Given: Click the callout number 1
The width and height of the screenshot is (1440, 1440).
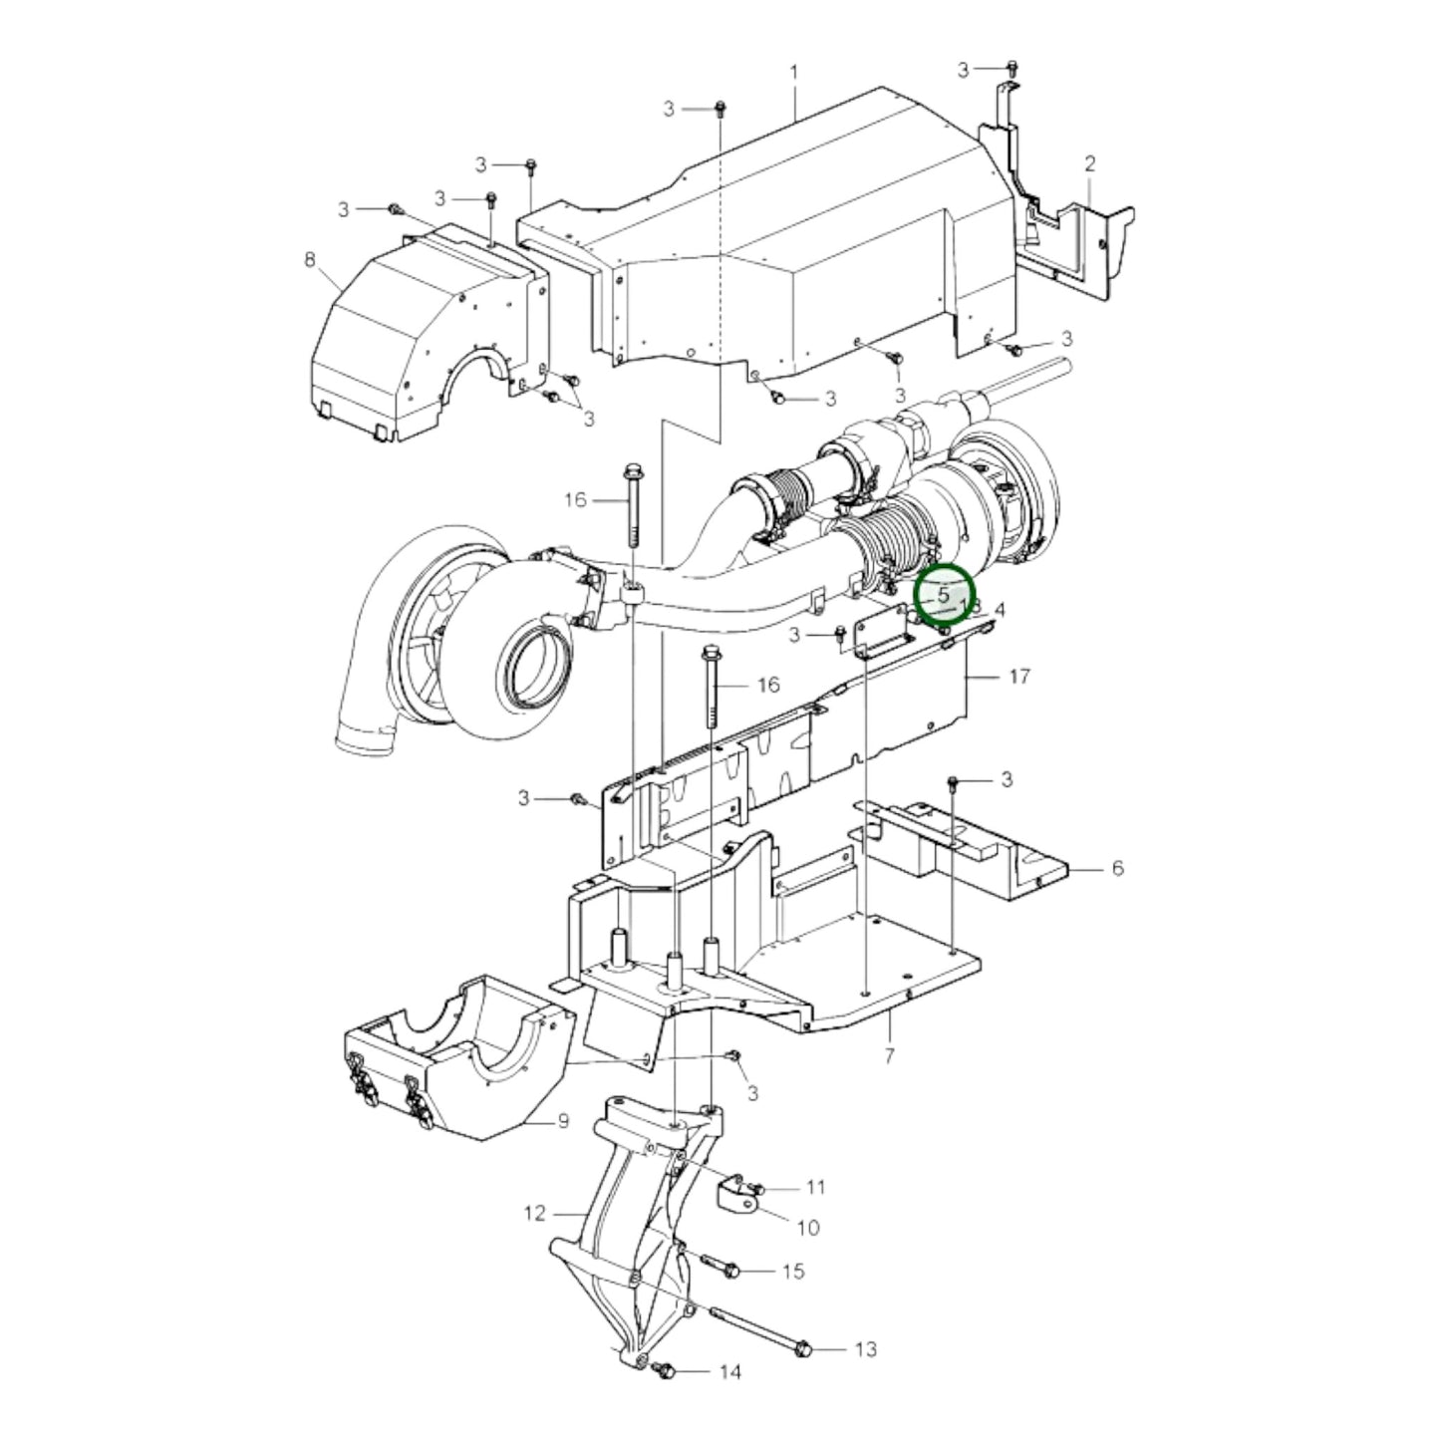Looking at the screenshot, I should click(794, 72).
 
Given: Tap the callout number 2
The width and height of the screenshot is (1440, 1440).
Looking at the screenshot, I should click(1090, 162).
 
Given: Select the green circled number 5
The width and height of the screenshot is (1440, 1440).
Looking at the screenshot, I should click(943, 596).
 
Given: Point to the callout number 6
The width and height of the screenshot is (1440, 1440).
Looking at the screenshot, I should click(1117, 868).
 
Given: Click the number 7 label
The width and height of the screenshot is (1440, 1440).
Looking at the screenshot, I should click(889, 1054).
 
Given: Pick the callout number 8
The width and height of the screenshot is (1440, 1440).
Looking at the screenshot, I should click(309, 260).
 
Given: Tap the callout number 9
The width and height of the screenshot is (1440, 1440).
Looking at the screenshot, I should click(562, 1121).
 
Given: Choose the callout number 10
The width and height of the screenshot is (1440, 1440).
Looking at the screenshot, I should click(809, 1227).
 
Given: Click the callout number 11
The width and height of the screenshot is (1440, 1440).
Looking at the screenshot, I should click(816, 1187).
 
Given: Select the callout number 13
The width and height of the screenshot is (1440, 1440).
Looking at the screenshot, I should click(865, 1348).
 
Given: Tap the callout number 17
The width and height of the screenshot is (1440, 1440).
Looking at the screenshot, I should click(1017, 677).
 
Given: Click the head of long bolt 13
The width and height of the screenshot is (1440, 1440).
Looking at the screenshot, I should click(804, 1349).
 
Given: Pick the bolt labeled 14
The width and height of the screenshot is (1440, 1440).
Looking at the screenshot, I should click(666, 1372).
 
